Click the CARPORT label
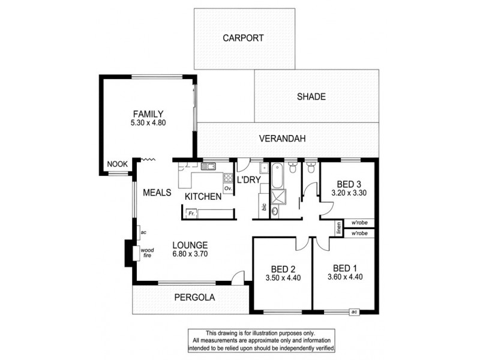pyautogui.click(x=243, y=38)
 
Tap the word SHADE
pyautogui.click(x=311, y=97)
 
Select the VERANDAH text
pyautogui.click(x=283, y=139)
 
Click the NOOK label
pyautogui.click(x=116, y=164)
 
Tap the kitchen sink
pyautogui.click(x=209, y=167)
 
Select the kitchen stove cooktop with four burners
pyautogui.click(x=229, y=177)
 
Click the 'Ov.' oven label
pyautogui.click(x=228, y=188)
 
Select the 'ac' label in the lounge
pyautogui.click(x=144, y=232)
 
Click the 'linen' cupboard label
pyautogui.click(x=339, y=228)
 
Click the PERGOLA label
pyautogui.click(x=194, y=297)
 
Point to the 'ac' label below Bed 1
pyautogui.click(x=354, y=311)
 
